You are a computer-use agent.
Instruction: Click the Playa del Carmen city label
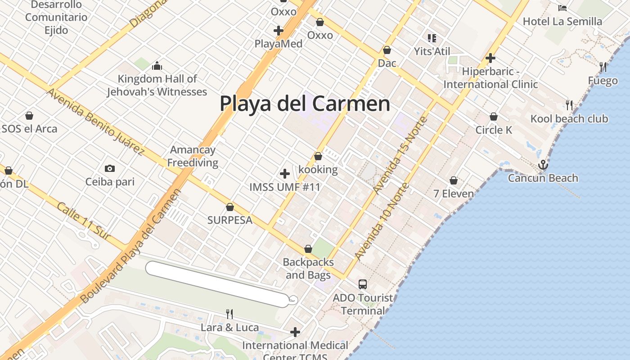pos(305,103)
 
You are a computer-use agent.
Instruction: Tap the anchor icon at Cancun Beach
pos(543,165)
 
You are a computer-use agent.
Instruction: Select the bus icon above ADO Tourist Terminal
pos(363,284)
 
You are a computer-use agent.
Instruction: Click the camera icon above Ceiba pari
pos(109,169)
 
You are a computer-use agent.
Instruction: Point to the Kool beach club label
pos(569,119)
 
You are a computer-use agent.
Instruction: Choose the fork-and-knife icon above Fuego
pos(603,67)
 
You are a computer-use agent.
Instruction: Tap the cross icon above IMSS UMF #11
pos(284,174)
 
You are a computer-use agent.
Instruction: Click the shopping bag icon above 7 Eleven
pos(454,180)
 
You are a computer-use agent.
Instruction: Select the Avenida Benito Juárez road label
pos(95,121)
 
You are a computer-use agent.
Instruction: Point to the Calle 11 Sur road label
pos(84,220)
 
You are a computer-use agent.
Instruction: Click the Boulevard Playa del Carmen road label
pos(131,245)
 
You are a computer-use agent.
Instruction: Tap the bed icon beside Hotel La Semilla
pos(562,8)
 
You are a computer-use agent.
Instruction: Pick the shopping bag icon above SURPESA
pos(229,207)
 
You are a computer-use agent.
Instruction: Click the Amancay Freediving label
pos(193,156)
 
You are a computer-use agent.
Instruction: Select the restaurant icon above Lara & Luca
pos(229,314)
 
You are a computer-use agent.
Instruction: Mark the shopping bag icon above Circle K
pos(494,117)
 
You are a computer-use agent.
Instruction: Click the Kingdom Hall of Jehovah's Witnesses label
pos(157,85)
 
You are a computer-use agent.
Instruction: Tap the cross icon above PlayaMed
pos(279,31)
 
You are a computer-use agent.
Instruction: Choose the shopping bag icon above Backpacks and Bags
pos(308,249)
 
